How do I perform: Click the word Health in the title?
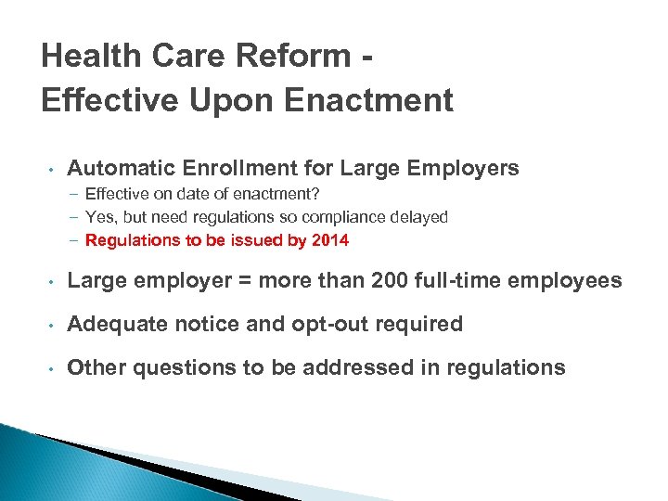click(x=90, y=57)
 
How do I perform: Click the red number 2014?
click(x=331, y=241)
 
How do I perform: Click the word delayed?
click(x=420, y=217)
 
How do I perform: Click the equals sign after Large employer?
click(x=237, y=280)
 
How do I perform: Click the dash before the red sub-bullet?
click(x=72, y=241)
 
